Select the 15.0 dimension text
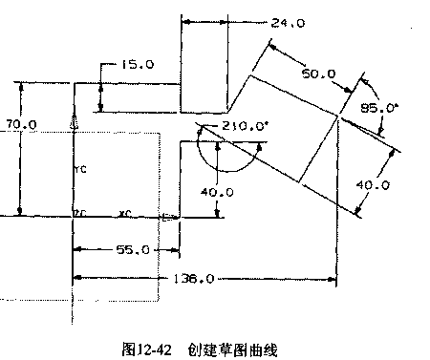click(138, 64)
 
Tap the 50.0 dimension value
click(318, 73)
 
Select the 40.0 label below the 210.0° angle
click(218, 191)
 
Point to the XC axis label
click(125, 212)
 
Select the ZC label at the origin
click(80, 212)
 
